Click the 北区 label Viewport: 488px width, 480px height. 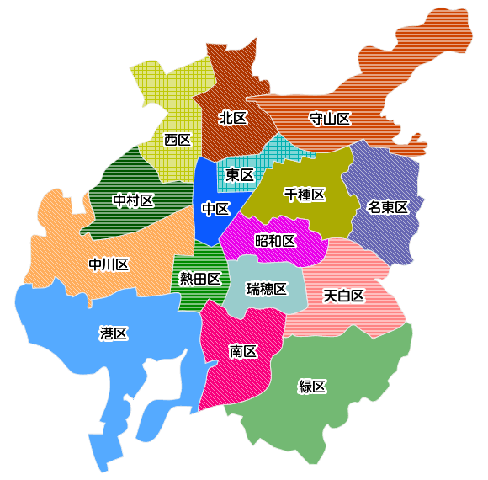click(233, 118)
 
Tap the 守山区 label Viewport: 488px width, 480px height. click(330, 119)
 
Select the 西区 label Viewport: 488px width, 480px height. click(178, 139)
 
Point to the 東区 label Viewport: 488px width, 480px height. click(240, 175)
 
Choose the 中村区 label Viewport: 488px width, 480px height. click(133, 200)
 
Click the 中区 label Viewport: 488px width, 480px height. click(216, 208)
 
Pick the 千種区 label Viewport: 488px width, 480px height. click(304, 195)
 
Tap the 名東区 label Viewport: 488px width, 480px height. click(387, 207)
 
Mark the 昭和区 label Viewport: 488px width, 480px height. click(275, 242)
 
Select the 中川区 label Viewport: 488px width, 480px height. click(109, 265)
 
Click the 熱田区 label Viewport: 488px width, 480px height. click(200, 279)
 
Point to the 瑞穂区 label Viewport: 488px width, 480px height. click(267, 289)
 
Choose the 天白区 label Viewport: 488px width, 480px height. click(344, 296)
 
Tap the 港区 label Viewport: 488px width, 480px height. click(113, 333)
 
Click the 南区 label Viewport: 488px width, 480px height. click(243, 351)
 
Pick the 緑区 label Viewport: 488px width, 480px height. click(312, 387)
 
